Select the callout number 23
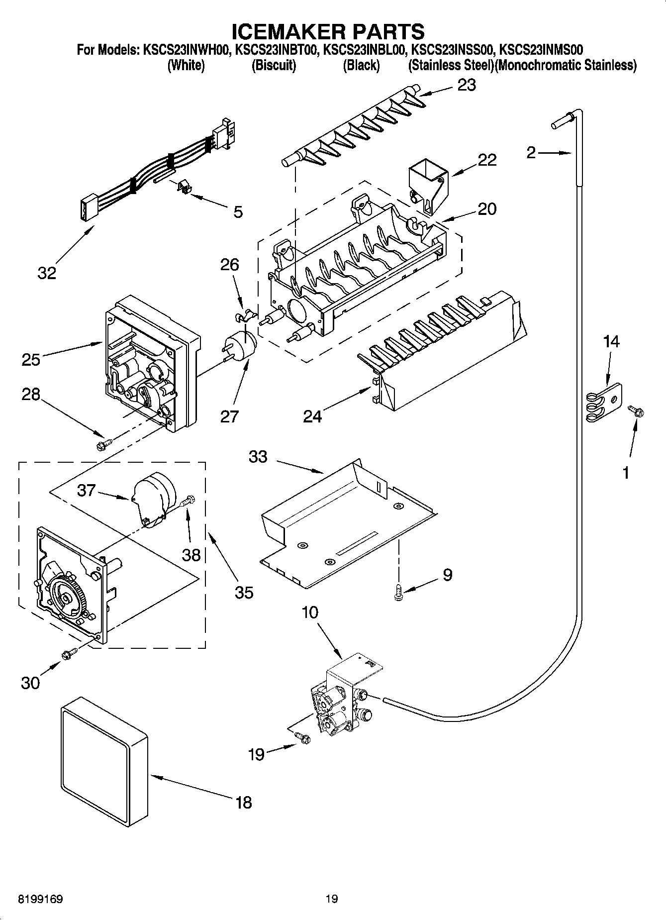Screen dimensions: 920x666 tap(466, 85)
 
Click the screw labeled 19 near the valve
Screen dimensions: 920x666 tap(301, 738)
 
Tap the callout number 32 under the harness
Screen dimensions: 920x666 tap(47, 273)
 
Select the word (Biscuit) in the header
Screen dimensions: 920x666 tap(274, 65)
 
